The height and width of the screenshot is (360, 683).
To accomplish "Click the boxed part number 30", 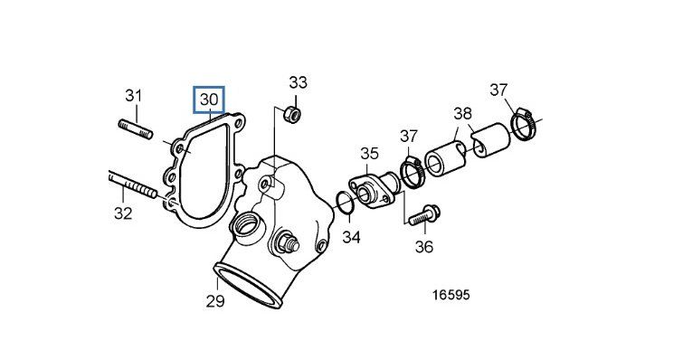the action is click(x=209, y=99).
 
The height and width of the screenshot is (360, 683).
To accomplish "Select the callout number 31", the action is click(x=134, y=95).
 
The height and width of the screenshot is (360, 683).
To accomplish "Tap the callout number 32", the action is click(x=123, y=213).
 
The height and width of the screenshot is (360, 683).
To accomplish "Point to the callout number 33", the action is click(x=299, y=81).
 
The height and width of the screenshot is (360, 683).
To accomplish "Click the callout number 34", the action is click(x=351, y=237).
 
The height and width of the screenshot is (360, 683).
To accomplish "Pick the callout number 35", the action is click(x=369, y=153).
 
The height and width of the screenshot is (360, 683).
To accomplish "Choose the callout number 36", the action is click(x=424, y=247).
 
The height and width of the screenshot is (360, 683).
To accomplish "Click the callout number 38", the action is click(x=462, y=114).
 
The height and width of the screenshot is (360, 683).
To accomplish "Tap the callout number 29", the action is click(x=215, y=301).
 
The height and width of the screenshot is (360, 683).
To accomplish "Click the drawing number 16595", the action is click(x=451, y=295).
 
